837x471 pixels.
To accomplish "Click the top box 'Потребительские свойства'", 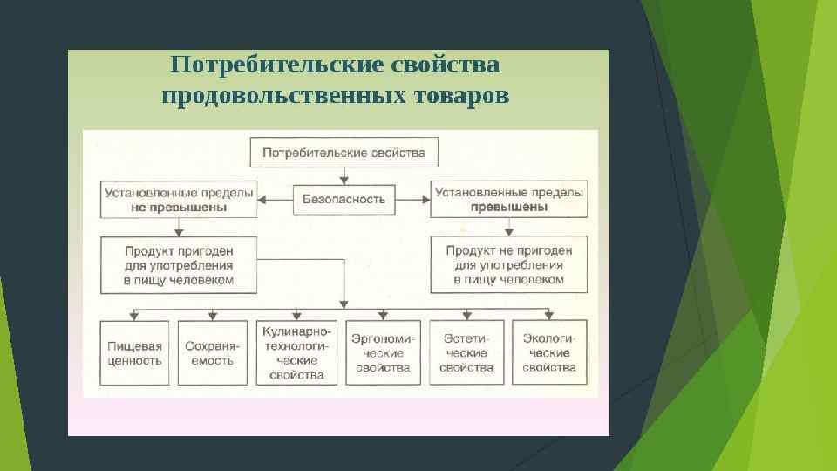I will pyautogui.click(x=344, y=153).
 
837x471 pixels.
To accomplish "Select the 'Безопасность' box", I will pyautogui.click(x=344, y=199).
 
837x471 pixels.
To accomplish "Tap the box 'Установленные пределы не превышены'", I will pyautogui.click(x=179, y=199).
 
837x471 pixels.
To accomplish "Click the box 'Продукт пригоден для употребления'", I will pyautogui.click(x=179, y=265).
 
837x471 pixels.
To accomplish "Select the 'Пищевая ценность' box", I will pyautogui.click(x=135, y=353).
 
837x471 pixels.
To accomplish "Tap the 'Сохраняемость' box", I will pyautogui.click(x=210, y=353).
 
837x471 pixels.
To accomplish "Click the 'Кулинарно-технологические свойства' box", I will pyautogui.click(x=296, y=353).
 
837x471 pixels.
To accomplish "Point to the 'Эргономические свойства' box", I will pyautogui.click(x=383, y=353).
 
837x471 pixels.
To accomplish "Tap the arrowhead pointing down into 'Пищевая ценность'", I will pyautogui.click(x=135, y=315).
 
